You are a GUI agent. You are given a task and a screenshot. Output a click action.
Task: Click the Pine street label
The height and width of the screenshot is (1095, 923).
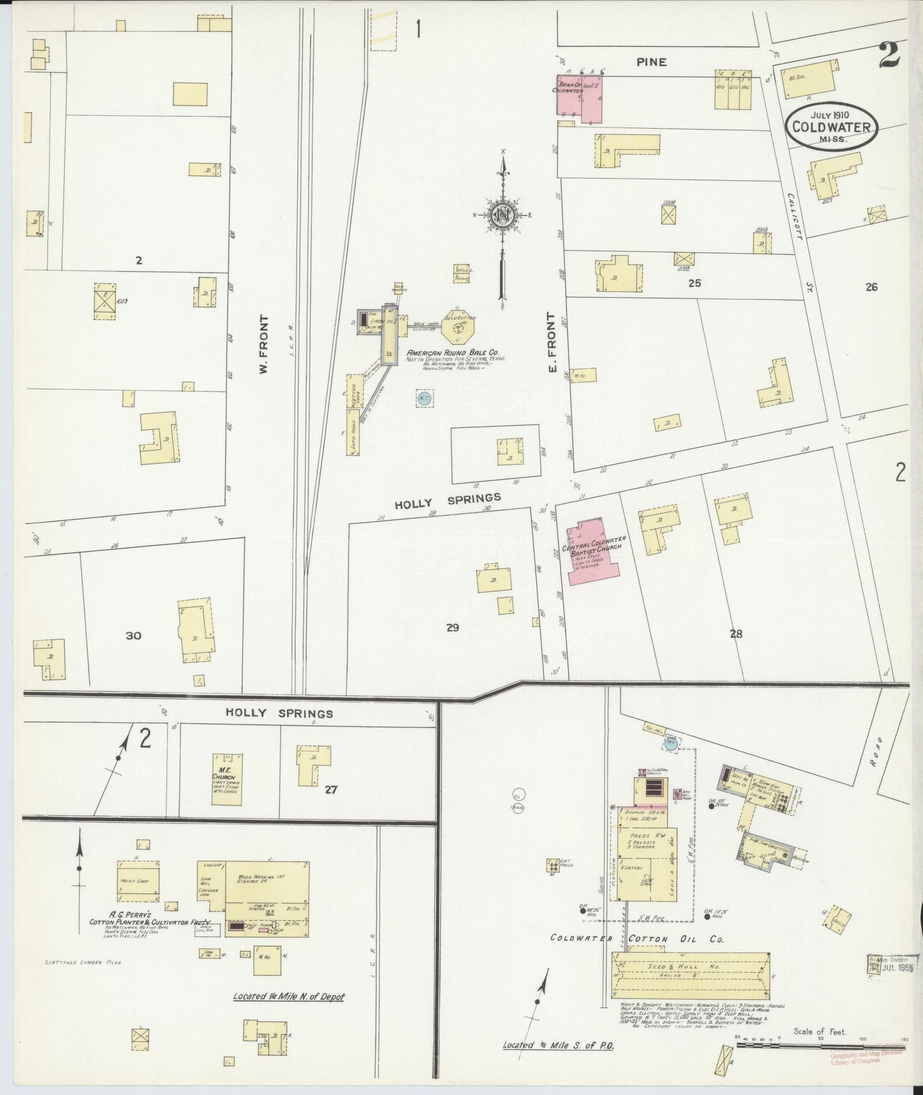pyautogui.click(x=651, y=62)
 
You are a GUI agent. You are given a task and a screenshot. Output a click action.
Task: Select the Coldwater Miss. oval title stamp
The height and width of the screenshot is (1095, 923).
pyautogui.click(x=831, y=128)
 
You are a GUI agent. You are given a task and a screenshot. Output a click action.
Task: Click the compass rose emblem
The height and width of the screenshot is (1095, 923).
pyautogui.click(x=502, y=215)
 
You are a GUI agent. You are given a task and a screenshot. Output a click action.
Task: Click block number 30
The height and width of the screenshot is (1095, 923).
pyautogui.click(x=133, y=635)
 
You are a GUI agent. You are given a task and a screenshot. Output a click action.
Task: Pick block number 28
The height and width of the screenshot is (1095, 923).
pyautogui.click(x=736, y=634)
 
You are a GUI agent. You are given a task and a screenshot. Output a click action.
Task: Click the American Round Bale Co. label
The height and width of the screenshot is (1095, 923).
pyautogui.click(x=451, y=354)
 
